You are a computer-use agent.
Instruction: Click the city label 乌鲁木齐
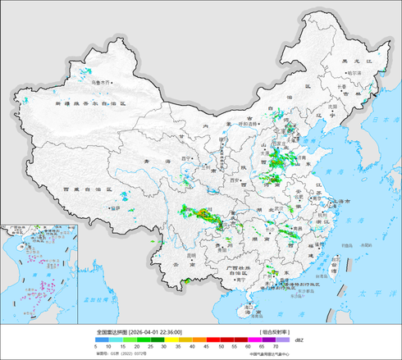click(100, 83)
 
